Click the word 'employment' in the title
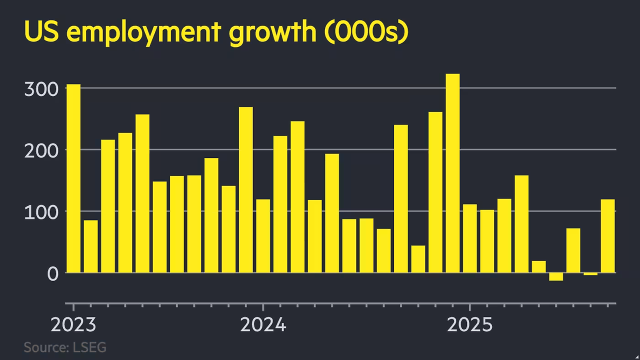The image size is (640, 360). click(x=144, y=32)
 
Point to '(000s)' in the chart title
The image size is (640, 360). click(x=366, y=32)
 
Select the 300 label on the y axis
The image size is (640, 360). click(x=41, y=89)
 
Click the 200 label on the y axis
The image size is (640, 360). click(x=41, y=150)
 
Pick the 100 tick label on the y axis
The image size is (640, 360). click(x=41, y=212)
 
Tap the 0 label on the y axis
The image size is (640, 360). click(x=53, y=274)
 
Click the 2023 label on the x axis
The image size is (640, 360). click(x=73, y=325)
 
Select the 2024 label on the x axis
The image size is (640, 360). click(x=263, y=325)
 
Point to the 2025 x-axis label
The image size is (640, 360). click(x=469, y=325)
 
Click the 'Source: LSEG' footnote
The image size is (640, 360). click(x=65, y=347)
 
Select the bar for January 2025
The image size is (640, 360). click(x=470, y=238)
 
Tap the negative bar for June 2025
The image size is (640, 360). click(x=556, y=276)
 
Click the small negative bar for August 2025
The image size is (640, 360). click(x=590, y=274)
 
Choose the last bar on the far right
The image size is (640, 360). click(x=607, y=236)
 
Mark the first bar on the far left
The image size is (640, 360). click(x=73, y=178)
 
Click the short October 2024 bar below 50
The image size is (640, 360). click(x=418, y=259)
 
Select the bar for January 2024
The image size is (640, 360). click(x=263, y=236)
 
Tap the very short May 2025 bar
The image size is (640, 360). click(x=539, y=266)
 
